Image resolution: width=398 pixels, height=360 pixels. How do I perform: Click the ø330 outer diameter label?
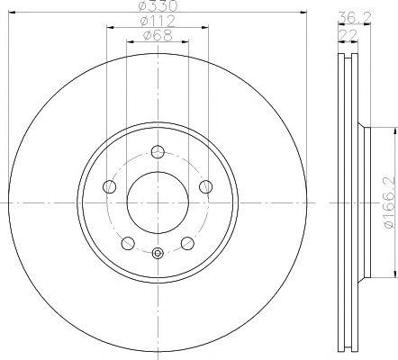(158, 5)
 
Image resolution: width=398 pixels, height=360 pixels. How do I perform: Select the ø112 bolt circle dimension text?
(158, 21)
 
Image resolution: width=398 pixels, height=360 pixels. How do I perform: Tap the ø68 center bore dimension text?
(158, 35)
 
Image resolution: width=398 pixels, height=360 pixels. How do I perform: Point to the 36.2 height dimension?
(355, 17)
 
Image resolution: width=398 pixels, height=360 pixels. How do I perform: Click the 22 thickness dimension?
(348, 35)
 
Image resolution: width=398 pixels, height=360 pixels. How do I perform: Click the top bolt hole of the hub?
(158, 152)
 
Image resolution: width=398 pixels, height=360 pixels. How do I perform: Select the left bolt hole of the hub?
(109, 187)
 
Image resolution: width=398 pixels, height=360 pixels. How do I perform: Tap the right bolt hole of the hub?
(206, 187)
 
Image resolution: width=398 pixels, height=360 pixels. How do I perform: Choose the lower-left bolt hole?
(128, 243)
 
